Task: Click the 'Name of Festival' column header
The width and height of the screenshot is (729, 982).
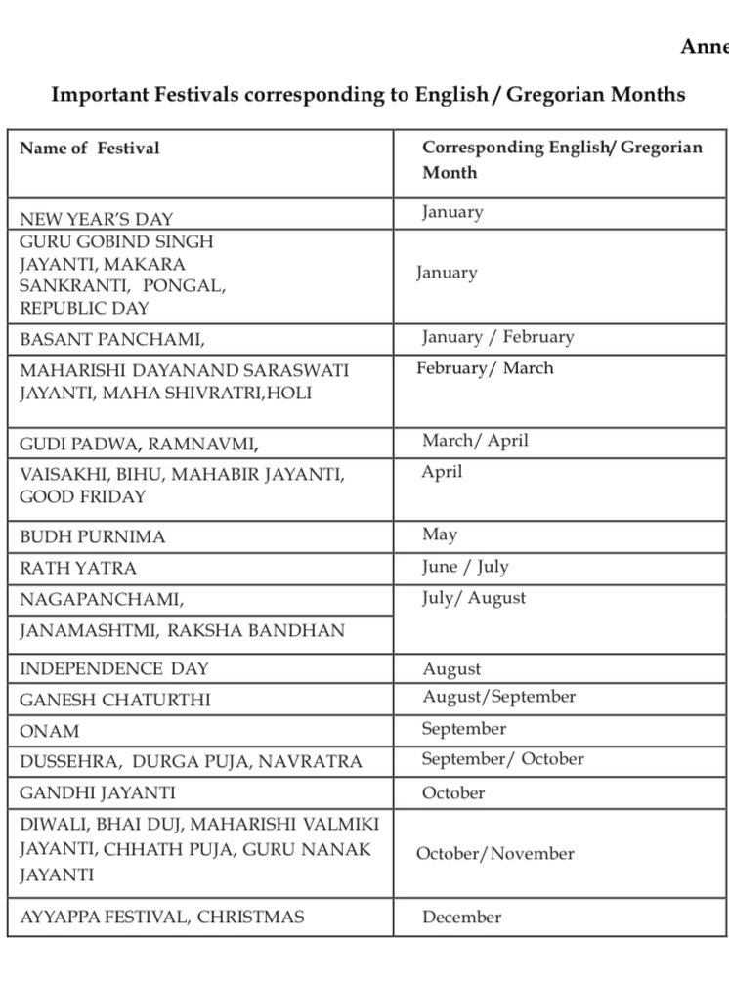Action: pyautogui.click(x=89, y=149)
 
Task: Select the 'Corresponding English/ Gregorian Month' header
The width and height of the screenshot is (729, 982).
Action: pyautogui.click(x=561, y=159)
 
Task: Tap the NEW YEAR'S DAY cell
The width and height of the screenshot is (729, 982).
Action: pyautogui.click(x=96, y=219)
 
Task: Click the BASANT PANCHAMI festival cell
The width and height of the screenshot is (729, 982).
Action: pyautogui.click(x=112, y=340)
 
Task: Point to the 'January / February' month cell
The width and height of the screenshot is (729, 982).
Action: pyautogui.click(x=497, y=337)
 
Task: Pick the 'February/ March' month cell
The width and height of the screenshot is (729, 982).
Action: pyautogui.click(x=485, y=368)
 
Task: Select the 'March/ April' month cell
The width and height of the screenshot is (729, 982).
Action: pyautogui.click(x=475, y=441)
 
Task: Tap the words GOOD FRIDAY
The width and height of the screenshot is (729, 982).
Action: pyautogui.click(x=82, y=497)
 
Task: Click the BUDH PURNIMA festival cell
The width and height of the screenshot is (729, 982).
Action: pyautogui.click(x=93, y=537)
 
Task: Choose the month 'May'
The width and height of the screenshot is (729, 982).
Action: pyautogui.click(x=440, y=534)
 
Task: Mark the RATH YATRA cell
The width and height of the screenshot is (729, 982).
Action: pyautogui.click(x=78, y=569)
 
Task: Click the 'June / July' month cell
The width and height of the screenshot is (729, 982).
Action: pyautogui.click(x=465, y=567)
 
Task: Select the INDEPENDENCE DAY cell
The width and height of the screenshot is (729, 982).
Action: pyautogui.click(x=114, y=669)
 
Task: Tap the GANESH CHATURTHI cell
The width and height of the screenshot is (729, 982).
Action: pyautogui.click(x=115, y=701)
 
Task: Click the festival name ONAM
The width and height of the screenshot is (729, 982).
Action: pyautogui.click(x=50, y=731)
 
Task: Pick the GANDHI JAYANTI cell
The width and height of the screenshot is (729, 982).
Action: pyautogui.click(x=98, y=793)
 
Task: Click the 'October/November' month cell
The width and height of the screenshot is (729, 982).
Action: pyautogui.click(x=494, y=854)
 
